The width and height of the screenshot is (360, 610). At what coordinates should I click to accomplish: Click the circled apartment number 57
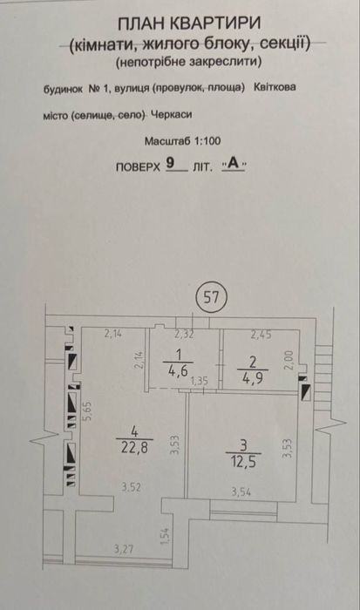pyautogui.click(x=211, y=298)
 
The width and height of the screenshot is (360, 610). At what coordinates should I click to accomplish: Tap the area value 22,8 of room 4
pyautogui.click(x=134, y=448)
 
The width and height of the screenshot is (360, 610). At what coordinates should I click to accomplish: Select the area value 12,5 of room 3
pyautogui.click(x=243, y=462)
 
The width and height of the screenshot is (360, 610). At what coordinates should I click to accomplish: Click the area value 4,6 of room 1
pyautogui.click(x=178, y=369)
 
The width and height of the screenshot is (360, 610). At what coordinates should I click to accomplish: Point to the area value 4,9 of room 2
pyautogui.click(x=253, y=377)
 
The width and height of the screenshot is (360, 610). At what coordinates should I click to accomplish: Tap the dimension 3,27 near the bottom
pyautogui.click(x=124, y=550)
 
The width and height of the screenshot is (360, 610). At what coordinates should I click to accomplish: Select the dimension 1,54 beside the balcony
pyautogui.click(x=166, y=536)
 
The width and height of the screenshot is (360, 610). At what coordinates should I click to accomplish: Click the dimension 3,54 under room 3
pyautogui.click(x=241, y=492)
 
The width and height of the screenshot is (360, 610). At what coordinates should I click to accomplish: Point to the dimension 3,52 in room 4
pyautogui.click(x=131, y=487)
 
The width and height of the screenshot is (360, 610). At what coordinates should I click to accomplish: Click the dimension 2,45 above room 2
pyautogui.click(x=261, y=334)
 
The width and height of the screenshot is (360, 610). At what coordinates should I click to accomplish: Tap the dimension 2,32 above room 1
pyautogui.click(x=184, y=334)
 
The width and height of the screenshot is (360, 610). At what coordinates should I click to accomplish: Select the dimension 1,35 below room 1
pyautogui.click(x=200, y=381)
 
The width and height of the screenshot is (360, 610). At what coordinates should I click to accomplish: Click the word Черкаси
pyautogui.click(x=171, y=115)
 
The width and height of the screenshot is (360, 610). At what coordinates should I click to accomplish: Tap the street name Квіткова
pyautogui.click(x=275, y=87)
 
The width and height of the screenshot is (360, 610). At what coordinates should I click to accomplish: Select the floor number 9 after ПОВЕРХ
pyautogui.click(x=170, y=162)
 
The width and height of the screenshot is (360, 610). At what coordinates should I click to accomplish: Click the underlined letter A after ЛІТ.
pyautogui.click(x=233, y=164)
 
